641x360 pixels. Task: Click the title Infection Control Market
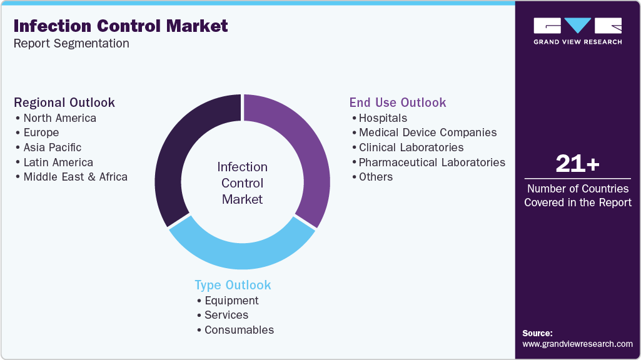point(121,26)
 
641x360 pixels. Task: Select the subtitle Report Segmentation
point(71,44)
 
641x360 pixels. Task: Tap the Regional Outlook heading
point(64,102)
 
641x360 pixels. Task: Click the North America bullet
point(59,118)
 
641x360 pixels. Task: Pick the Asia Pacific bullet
point(52,147)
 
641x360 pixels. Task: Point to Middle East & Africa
point(75,177)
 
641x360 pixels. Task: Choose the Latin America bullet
point(58,162)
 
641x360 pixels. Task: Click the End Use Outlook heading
point(398,102)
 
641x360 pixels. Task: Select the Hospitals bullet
point(383,118)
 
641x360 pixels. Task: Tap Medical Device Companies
point(428,132)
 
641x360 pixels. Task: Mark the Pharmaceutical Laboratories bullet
point(432,162)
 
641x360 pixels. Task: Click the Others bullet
point(376,177)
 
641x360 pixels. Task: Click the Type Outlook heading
point(233,285)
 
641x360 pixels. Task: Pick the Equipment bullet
point(231,301)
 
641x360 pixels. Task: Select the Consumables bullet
point(239,330)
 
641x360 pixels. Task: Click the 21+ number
point(577,164)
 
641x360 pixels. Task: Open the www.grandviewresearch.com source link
point(577,344)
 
